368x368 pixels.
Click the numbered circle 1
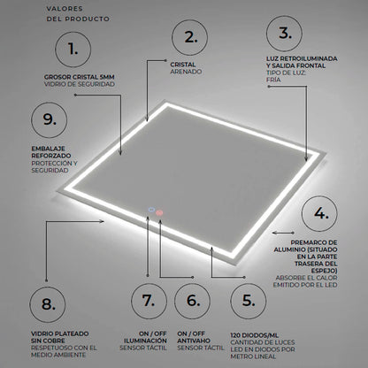pyautogui.click(x=78, y=47)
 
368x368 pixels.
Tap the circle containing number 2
pyautogui.click(x=191, y=37)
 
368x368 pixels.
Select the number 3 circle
pyautogui.click(x=285, y=34)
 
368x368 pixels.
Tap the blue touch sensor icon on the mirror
pyautogui.click(x=152, y=210)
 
